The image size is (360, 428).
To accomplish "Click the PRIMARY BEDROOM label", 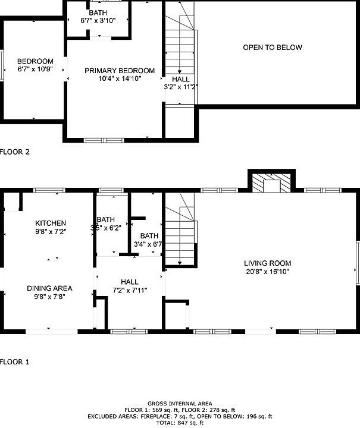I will tap(120, 71).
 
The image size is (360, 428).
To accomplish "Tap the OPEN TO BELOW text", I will tap(273, 48).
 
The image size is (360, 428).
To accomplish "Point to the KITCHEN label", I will tap(50, 223).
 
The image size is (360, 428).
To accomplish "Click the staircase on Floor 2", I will tap(180, 53).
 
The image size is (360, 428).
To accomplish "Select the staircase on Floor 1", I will tap(180, 238).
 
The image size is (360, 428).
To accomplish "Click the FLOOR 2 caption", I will tap(15, 152).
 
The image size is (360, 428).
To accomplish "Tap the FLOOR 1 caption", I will tap(15, 361).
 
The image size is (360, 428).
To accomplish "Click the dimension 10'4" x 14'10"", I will tap(120, 79).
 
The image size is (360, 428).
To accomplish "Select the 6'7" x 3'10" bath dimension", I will tap(98, 21).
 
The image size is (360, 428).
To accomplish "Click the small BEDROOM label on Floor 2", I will tap(35, 61).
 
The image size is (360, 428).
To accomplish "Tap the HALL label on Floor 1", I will tap(129, 282).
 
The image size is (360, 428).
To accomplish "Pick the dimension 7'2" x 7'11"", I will tap(129, 290).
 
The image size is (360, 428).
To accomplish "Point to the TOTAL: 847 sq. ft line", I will tap(180, 423).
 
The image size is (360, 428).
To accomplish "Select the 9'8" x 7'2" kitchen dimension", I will tap(50, 232).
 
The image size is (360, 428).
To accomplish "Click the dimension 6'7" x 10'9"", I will tap(35, 70).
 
